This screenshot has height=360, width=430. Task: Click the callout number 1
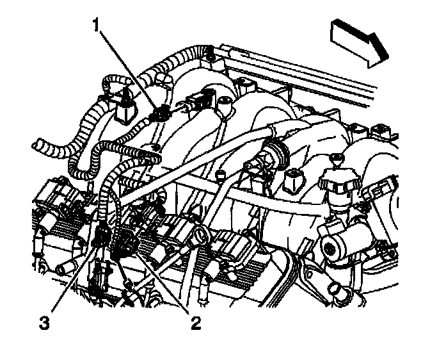(x=97, y=26)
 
